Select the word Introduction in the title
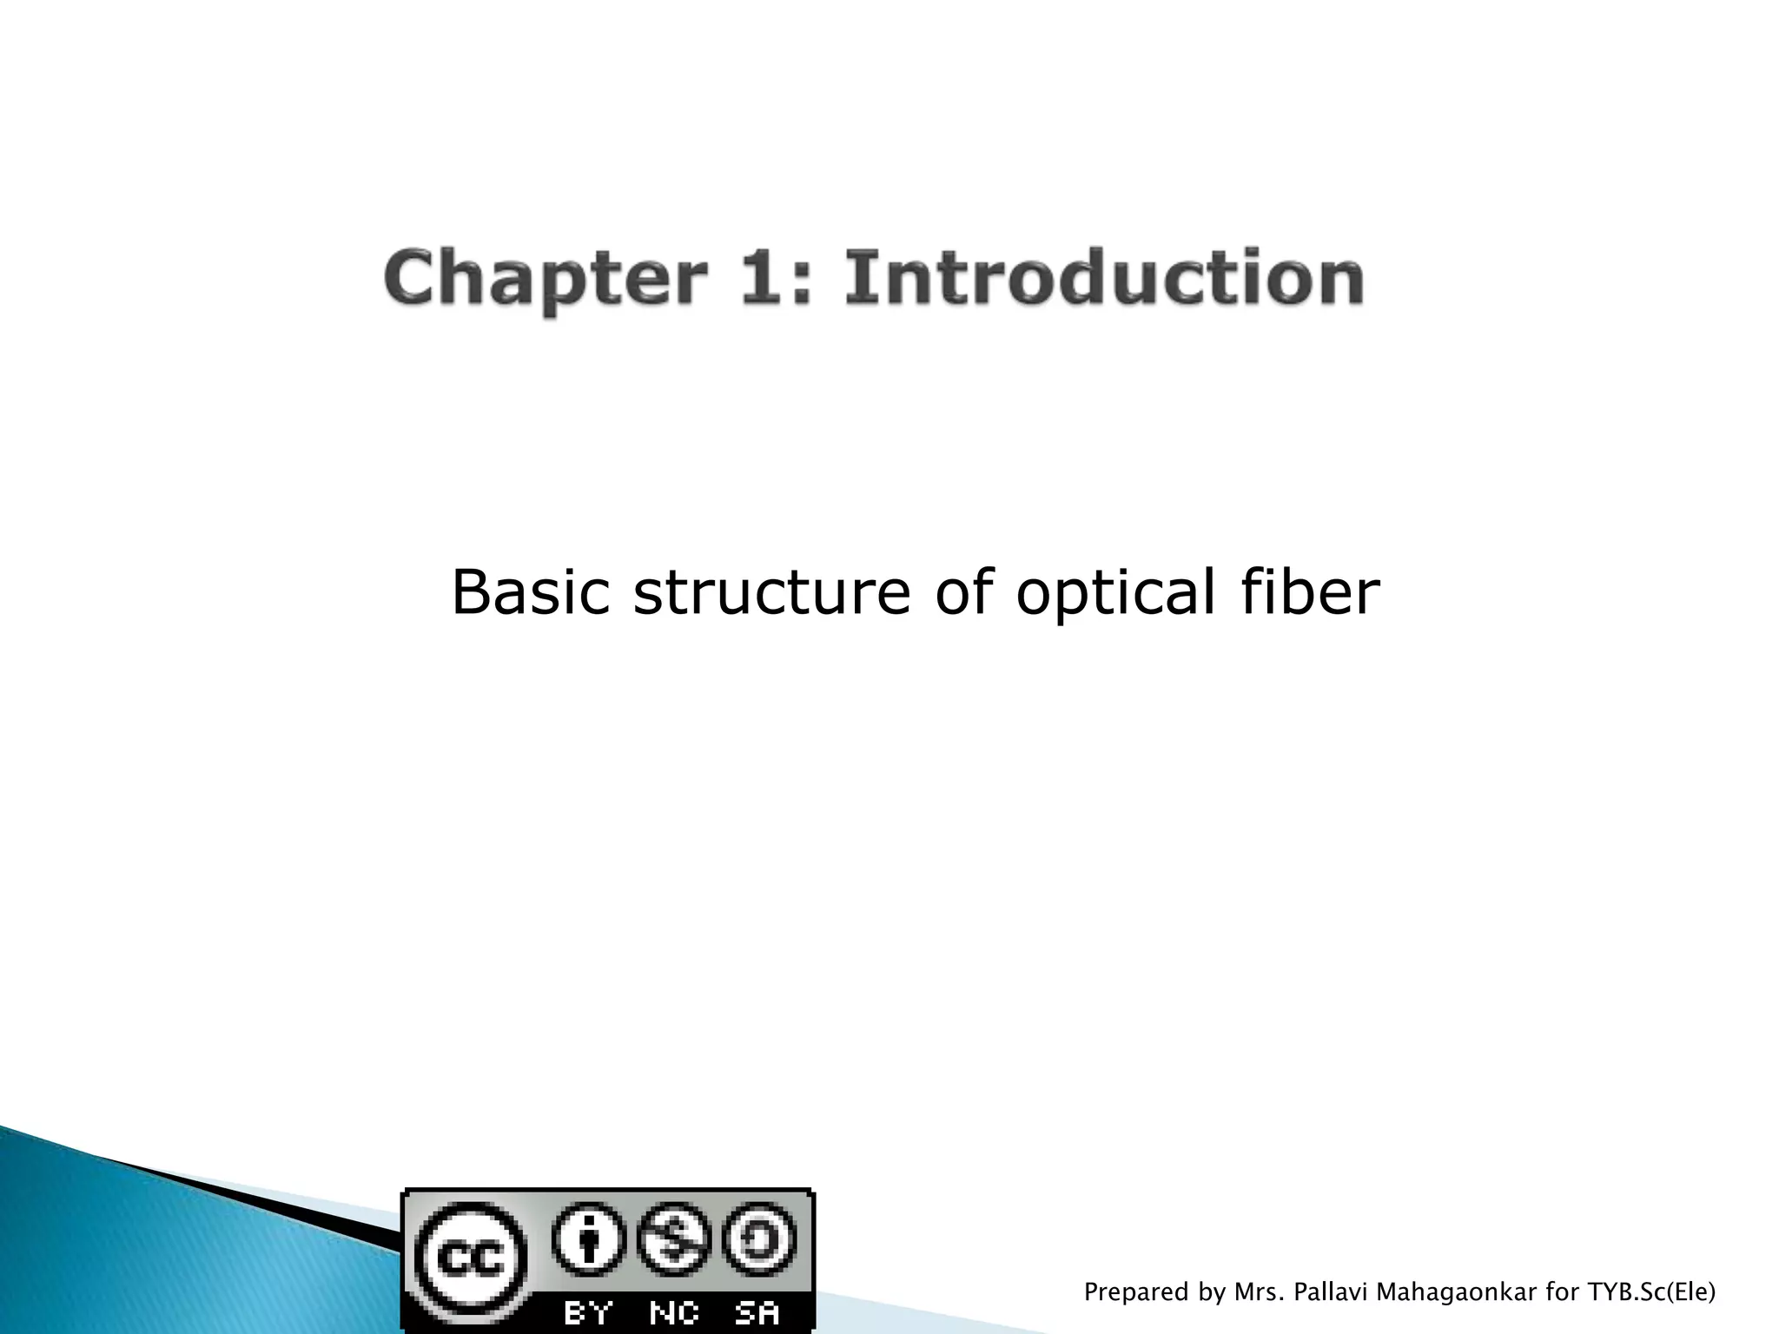pyautogui.click(x=1103, y=278)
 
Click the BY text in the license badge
pyautogui.click(x=589, y=1312)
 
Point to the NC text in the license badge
pyautogui.click(x=674, y=1312)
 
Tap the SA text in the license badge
pyautogui.click(x=757, y=1312)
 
